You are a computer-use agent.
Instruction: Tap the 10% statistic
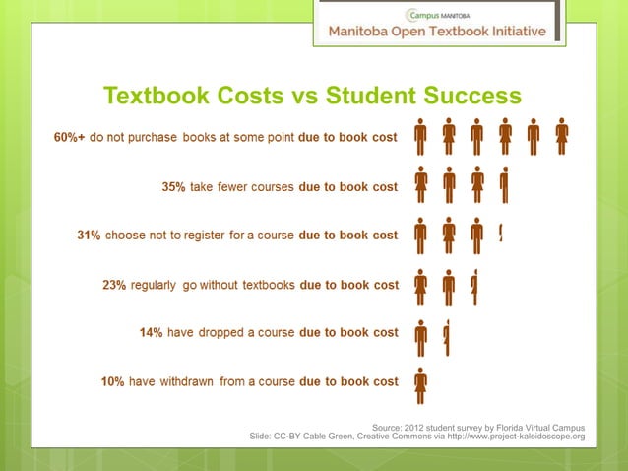click(112, 381)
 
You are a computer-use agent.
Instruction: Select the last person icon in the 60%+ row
click(561, 136)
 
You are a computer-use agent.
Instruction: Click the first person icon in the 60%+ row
click(421, 136)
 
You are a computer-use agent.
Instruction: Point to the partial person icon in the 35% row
click(504, 185)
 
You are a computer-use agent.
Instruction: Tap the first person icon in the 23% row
click(421, 285)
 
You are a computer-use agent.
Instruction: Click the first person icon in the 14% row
click(421, 335)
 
